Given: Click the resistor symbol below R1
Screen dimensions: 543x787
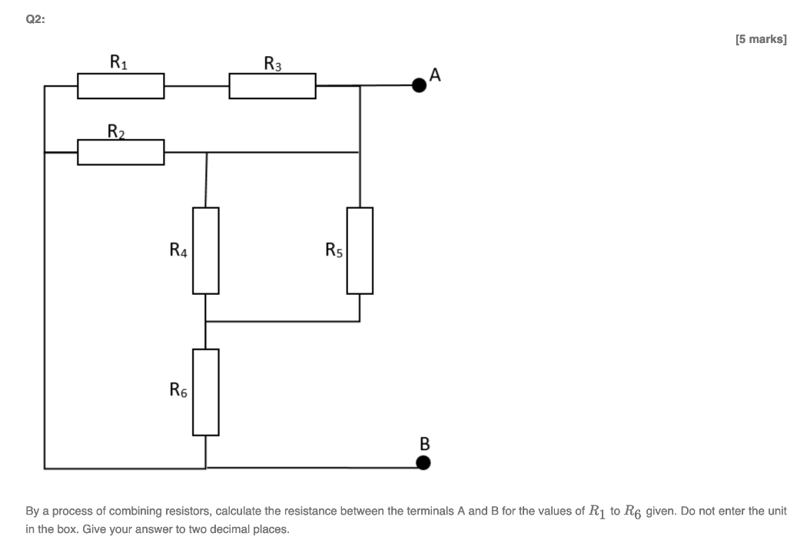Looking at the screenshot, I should (x=121, y=86).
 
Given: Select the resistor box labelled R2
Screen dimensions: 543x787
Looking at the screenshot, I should (x=121, y=152).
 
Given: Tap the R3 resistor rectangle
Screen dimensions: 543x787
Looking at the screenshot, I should (x=272, y=86).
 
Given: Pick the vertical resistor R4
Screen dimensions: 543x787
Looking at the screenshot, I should (x=206, y=250).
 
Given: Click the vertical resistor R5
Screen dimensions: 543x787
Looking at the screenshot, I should (x=360, y=250).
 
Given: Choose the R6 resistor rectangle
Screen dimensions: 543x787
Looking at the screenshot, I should (x=206, y=392).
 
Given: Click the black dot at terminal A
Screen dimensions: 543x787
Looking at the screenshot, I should (x=419, y=85).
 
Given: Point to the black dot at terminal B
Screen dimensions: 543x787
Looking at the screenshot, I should (x=423, y=462).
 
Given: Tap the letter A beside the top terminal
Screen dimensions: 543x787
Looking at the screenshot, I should (x=436, y=74).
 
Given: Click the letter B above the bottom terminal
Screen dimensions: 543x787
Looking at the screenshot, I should (x=424, y=444).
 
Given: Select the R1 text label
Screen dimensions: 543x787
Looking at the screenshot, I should (x=119, y=61).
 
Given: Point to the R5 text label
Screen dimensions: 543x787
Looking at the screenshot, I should (x=334, y=250).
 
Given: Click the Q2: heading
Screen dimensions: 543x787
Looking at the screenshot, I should (x=35, y=21).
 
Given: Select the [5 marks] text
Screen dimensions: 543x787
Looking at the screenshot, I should (x=760, y=38).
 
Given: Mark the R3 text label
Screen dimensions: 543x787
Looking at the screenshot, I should (x=272, y=63).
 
